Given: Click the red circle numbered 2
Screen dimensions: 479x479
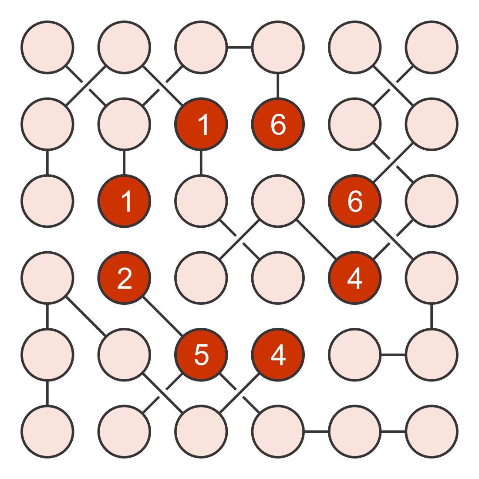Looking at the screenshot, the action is [124, 278].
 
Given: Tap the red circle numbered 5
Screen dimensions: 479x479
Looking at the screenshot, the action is [201, 354].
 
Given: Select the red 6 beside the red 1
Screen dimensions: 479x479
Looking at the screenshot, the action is [278, 124].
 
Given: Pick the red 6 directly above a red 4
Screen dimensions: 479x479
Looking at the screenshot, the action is [354, 201].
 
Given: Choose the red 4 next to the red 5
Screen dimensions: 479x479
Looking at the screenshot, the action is [278, 354].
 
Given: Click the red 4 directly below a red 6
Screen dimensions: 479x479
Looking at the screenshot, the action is [354, 278].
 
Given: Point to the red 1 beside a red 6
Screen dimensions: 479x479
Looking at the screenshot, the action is [201, 124].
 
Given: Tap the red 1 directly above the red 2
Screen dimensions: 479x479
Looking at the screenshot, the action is [124, 201].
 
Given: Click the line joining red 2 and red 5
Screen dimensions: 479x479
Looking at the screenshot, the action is [162, 316].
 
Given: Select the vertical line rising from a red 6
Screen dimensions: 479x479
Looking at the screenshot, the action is [278, 85].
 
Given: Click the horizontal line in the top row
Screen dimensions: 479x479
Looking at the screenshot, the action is [239, 47].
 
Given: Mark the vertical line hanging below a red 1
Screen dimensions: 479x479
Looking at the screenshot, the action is [201, 162].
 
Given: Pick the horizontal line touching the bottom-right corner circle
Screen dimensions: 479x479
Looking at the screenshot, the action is [393, 432].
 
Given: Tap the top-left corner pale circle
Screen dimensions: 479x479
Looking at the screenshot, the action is [47, 47].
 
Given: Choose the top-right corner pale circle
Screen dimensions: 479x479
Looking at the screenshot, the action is [432, 47].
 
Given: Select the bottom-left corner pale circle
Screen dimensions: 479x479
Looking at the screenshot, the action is [47, 432].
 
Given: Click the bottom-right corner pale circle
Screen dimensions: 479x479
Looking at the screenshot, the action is [432, 432].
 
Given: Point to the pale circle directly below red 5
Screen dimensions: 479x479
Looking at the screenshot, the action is [201, 432].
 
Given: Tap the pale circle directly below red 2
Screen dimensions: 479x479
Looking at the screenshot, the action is [124, 354].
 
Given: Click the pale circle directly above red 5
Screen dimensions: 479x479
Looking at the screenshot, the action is [201, 278].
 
